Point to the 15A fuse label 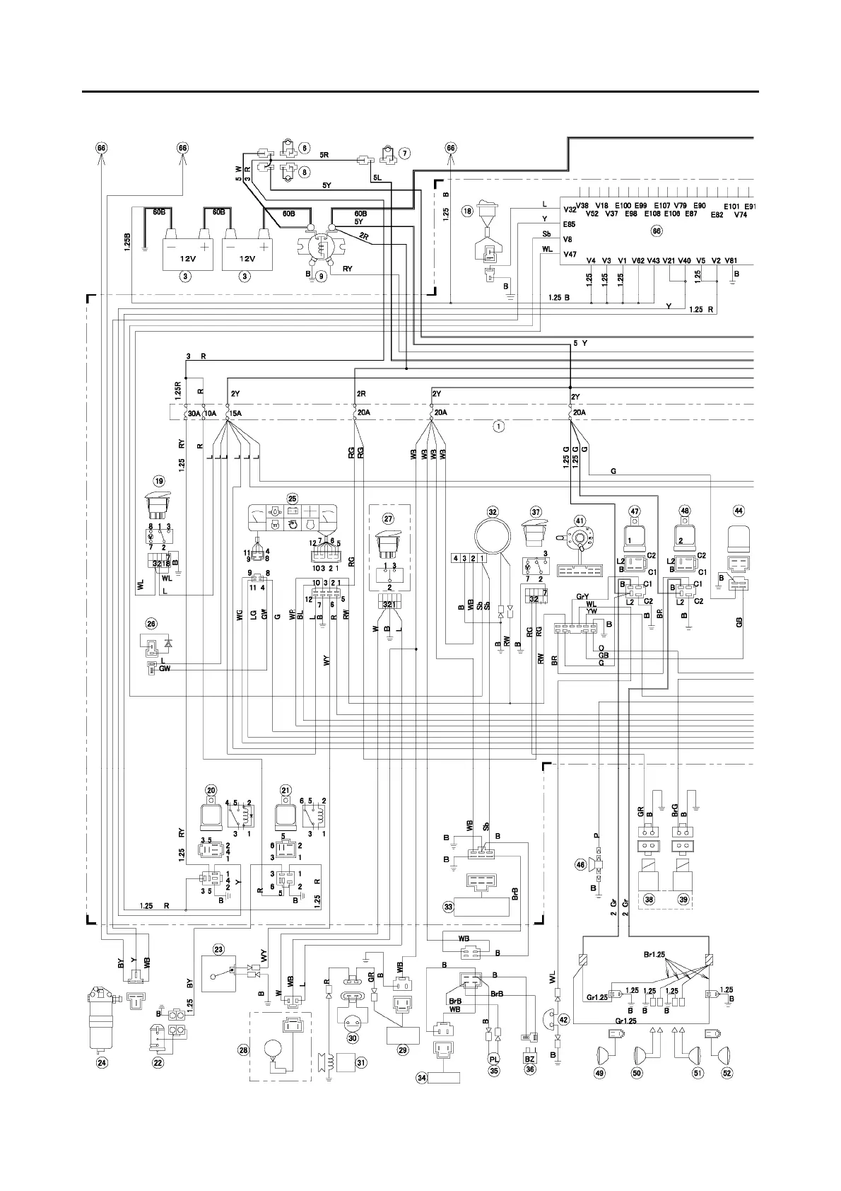[234, 412]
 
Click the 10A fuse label [211, 412]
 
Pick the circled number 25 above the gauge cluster [292, 498]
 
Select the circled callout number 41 [580, 521]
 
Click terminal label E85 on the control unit [569, 224]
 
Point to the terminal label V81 [731, 260]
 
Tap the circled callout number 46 [581, 864]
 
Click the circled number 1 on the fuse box [499, 426]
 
